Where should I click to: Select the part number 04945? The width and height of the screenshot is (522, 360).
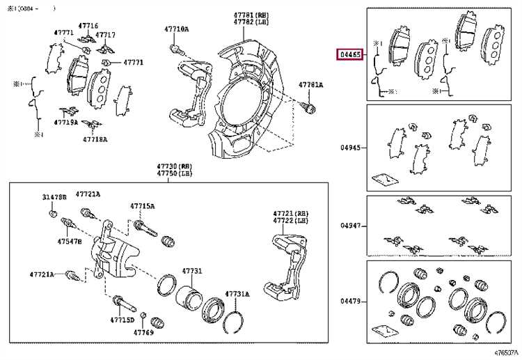point(350,148)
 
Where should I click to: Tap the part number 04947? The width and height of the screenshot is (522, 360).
point(350,226)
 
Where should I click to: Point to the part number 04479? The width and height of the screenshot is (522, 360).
point(350,301)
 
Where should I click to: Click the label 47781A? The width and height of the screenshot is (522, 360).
point(311,85)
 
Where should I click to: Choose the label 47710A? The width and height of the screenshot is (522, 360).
point(177,29)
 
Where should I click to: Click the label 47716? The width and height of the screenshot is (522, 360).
point(88,25)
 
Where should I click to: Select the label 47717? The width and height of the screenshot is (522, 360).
point(106,34)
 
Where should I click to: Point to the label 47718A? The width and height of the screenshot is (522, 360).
point(95,139)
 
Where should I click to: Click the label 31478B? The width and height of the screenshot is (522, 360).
point(54,198)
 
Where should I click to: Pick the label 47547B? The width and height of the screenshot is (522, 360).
point(70,241)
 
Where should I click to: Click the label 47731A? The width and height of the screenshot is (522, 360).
point(237,295)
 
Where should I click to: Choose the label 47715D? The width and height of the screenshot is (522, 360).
point(122,320)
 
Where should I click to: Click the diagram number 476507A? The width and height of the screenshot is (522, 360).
point(507,354)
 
